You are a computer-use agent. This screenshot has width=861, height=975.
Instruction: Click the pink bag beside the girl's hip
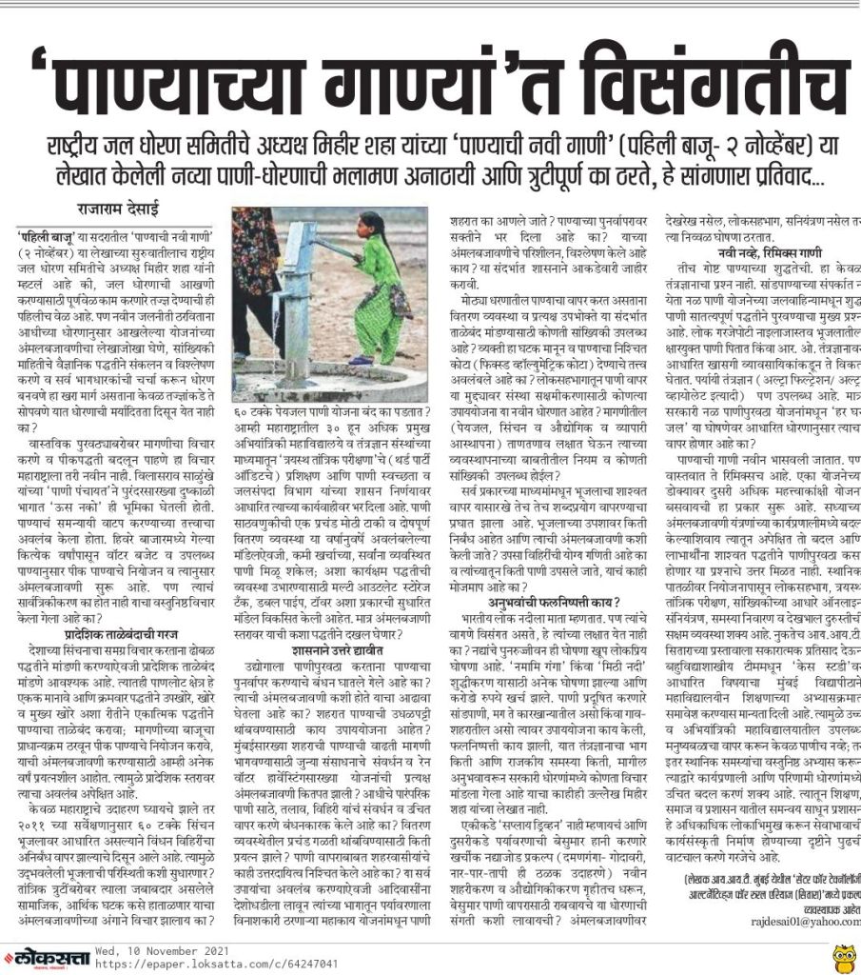(399, 302)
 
